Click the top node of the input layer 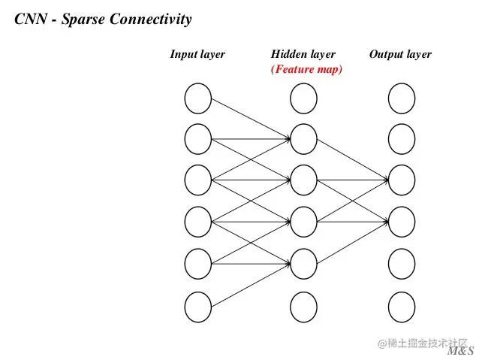(198, 98)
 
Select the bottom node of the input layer (198, 307)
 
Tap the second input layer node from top (198, 139)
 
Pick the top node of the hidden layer (303, 98)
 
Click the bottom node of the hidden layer (303, 307)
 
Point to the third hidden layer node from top (303, 180)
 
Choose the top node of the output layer (402, 98)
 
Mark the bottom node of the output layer (402, 307)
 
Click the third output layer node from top (402, 180)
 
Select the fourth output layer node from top (402, 222)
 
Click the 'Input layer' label (197, 54)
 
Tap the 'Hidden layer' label (303, 54)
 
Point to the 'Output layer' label (400, 54)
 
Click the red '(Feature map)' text (306, 70)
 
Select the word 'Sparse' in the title (87, 20)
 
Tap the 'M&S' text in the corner (460, 352)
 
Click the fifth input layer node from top (198, 264)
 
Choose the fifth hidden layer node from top (303, 264)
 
